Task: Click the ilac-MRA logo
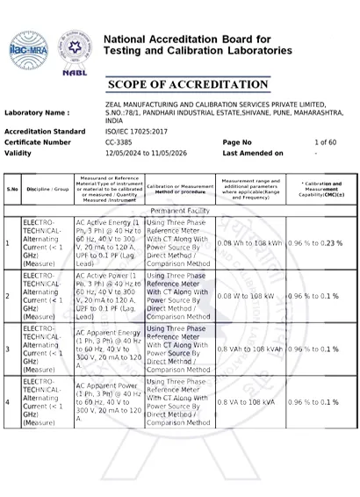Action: tap(30, 48)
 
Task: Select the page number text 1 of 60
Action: tap(325, 141)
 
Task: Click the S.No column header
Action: tap(12, 190)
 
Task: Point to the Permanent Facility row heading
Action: tap(180, 212)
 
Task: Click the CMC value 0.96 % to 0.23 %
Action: tap(316, 242)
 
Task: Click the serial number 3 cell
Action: tap(8, 349)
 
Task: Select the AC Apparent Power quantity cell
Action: tap(108, 401)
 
